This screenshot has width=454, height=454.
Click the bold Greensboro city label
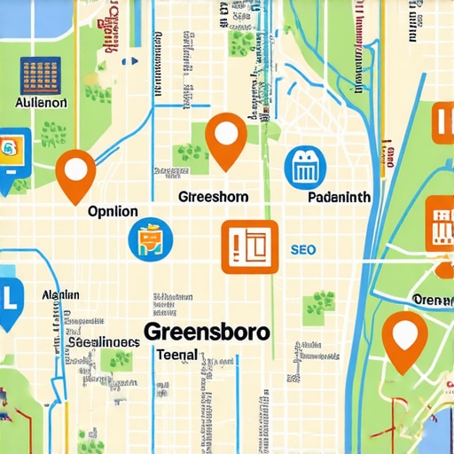pyautogui.click(x=207, y=332)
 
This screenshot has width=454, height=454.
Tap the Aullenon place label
pyautogui.click(x=42, y=103)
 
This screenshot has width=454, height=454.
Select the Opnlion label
pyautogui.click(x=113, y=212)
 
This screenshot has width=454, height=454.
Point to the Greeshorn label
pyautogui.click(x=213, y=196)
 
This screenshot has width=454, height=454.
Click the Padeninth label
pyautogui.click(x=338, y=197)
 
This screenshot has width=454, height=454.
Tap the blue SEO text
pyautogui.click(x=302, y=250)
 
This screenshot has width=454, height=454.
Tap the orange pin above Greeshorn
pyautogui.click(x=226, y=137)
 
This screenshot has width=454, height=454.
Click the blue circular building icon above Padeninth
pyautogui.click(x=305, y=168)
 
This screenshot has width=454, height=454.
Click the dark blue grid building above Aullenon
pyautogui.click(x=39, y=75)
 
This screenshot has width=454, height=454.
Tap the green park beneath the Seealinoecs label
pyautogui.click(x=115, y=360)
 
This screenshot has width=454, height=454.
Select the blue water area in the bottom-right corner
pyautogui.click(x=439, y=434)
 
